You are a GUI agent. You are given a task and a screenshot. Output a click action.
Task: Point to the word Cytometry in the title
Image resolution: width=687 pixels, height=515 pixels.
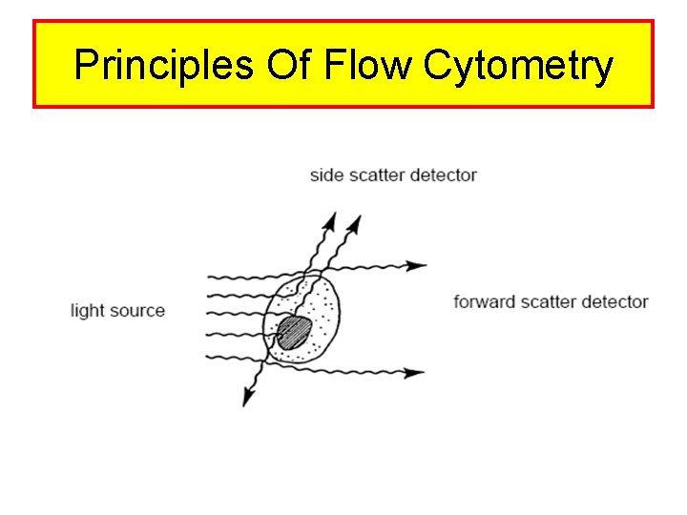(516, 67)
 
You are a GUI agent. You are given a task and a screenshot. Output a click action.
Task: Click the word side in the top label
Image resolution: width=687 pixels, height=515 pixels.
(325, 175)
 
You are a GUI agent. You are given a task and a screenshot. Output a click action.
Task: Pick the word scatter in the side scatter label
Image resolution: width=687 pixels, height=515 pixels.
(373, 175)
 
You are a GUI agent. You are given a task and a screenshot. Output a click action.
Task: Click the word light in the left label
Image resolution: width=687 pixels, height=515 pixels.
(87, 311)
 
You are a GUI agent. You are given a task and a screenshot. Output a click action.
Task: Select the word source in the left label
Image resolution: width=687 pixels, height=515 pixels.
(136, 311)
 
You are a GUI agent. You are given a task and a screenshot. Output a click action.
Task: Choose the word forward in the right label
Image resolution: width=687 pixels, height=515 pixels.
(484, 302)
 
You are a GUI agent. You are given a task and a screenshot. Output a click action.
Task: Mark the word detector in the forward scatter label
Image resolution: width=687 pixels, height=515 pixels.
(615, 302)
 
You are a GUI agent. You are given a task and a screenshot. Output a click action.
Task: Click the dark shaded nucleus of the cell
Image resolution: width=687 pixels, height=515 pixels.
(295, 333)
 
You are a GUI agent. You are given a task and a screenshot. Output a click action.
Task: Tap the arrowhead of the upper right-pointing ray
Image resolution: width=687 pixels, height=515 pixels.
(417, 265)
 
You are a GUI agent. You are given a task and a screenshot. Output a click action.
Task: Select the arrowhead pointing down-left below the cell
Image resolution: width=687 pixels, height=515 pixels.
(248, 398)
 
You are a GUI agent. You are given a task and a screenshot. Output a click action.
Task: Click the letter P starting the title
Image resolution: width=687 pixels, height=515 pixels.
(87, 65)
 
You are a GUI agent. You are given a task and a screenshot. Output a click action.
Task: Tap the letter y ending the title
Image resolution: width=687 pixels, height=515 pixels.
(602, 69)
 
